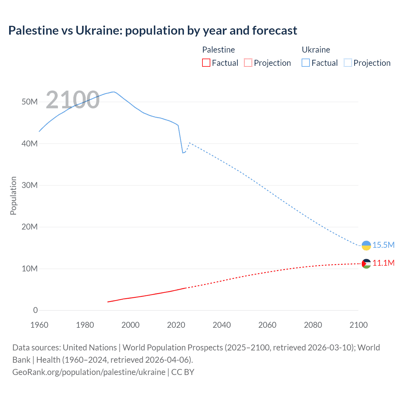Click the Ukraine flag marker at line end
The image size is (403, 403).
[366, 246]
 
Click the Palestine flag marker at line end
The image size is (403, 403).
[366, 264]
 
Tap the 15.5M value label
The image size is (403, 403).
[383, 245]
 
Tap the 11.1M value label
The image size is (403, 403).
[383, 263]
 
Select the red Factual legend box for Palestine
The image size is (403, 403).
[206, 63]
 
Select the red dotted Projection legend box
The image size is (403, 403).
[248, 63]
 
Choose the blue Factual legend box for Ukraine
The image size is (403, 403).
[306, 63]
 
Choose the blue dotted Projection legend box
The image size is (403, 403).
[348, 63]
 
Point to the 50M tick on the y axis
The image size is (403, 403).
[30, 102]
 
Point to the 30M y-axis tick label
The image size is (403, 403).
[30, 185]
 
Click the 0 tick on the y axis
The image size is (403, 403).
[35, 310]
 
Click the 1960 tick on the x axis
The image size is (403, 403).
[39, 325]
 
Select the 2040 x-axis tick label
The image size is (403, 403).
[222, 325]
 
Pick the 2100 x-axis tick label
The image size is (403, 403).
[358, 325]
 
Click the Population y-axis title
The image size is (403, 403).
[13, 196]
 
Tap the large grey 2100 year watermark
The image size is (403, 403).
[73, 100]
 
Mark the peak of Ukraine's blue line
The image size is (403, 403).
[113, 92]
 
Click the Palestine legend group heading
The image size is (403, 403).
[219, 50]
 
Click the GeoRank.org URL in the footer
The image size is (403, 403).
[89, 372]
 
